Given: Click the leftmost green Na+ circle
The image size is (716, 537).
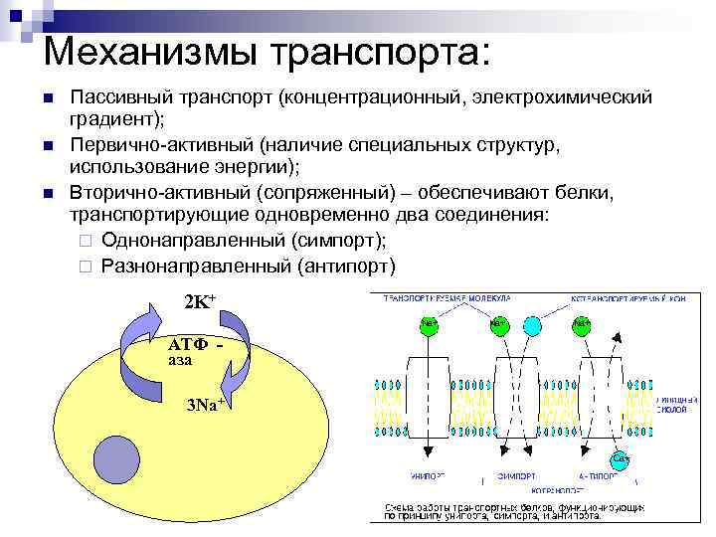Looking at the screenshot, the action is (430, 323).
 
